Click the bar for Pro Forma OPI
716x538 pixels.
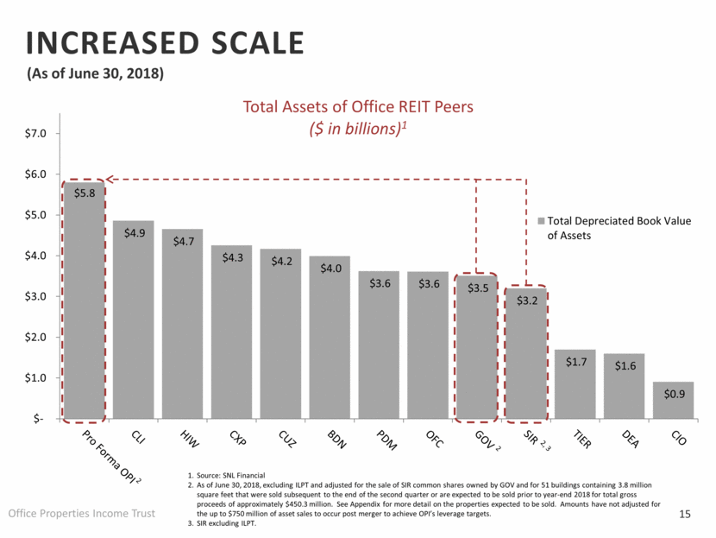pos(84,302)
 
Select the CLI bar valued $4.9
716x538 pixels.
pos(133,320)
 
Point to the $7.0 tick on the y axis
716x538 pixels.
pos(35,134)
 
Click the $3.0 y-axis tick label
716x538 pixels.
pos(35,296)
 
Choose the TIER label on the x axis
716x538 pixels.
pos(574,438)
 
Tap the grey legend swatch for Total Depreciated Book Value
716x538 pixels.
pos(541,221)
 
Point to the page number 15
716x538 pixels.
pos(686,516)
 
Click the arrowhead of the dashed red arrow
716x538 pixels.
pos(110,180)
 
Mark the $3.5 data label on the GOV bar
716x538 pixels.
pos(476,287)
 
